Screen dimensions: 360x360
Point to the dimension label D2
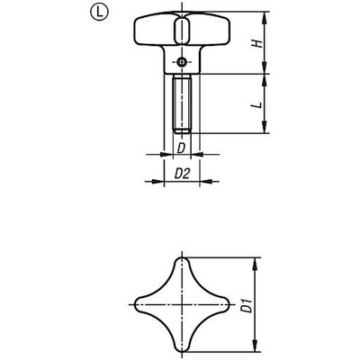[181, 170]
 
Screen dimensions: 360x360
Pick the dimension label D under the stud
[181, 147]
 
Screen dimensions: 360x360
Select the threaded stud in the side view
[181, 103]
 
